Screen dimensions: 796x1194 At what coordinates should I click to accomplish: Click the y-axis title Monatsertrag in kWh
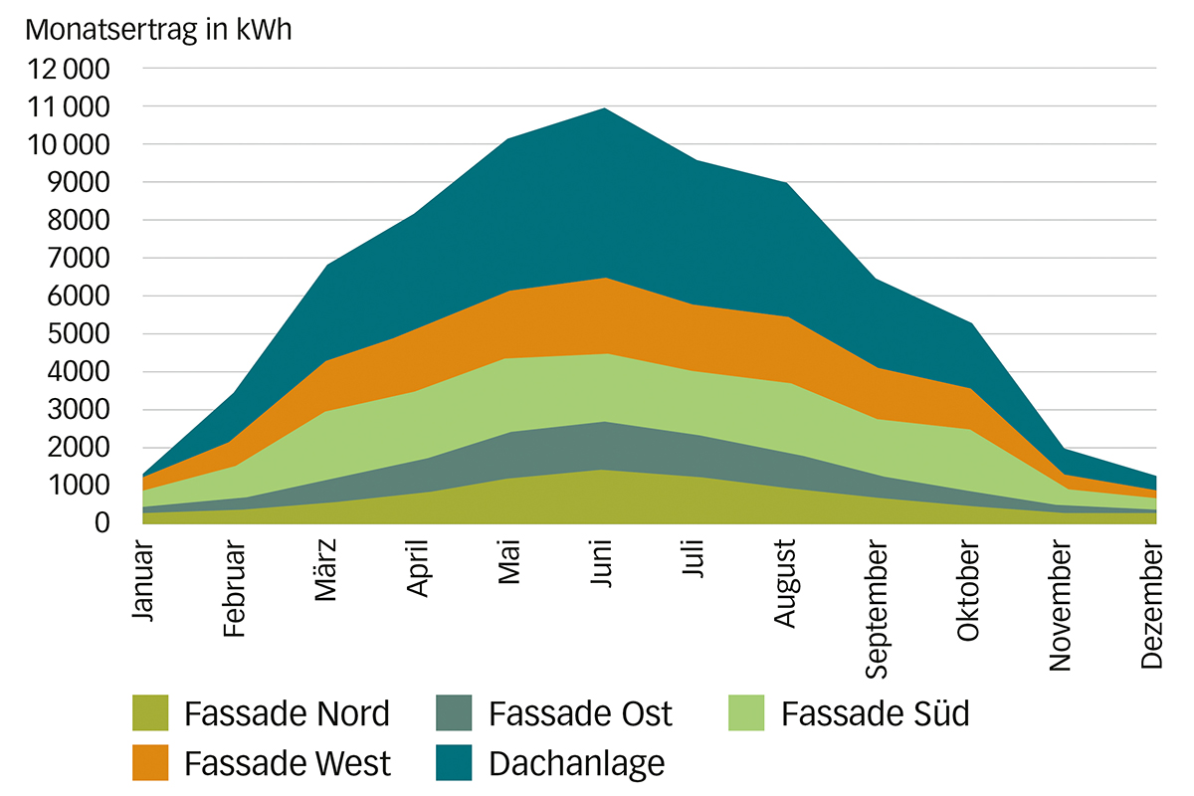(x=159, y=29)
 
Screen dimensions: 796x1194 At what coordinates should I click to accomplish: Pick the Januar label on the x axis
(x=145, y=581)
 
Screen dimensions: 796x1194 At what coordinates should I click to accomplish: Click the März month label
(x=327, y=572)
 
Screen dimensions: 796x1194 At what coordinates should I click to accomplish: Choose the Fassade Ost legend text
(x=580, y=712)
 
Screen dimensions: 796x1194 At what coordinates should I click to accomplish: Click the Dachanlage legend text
(x=576, y=764)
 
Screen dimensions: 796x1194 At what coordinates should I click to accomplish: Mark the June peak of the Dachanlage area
(x=604, y=108)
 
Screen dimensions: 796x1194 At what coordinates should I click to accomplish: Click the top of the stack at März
(x=327, y=266)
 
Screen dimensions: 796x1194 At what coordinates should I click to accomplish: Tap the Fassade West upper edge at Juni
(x=604, y=279)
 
